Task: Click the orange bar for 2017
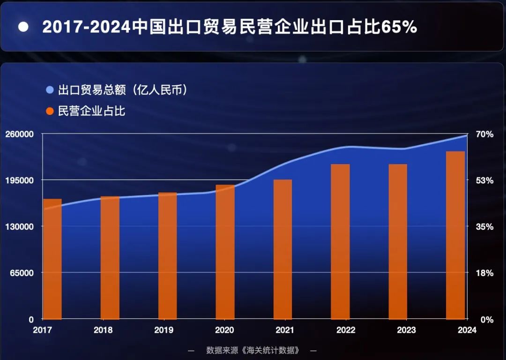pyautogui.click(x=52, y=259)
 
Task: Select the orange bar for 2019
pyautogui.click(x=168, y=255)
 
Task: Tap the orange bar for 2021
pyautogui.click(x=283, y=249)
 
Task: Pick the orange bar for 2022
pyautogui.click(x=340, y=241)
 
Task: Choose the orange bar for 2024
pyautogui.click(x=455, y=235)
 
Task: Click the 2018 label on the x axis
pyautogui.click(x=103, y=330)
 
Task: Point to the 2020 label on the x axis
pyautogui.click(x=224, y=330)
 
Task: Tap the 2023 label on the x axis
pyautogui.click(x=406, y=330)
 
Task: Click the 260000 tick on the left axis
pyautogui.click(x=20, y=135)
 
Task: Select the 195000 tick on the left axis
pyautogui.click(x=20, y=180)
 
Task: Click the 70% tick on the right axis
pyautogui.click(x=485, y=135)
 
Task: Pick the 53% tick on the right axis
pyautogui.click(x=485, y=180)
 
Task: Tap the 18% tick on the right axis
pyautogui.click(x=485, y=273)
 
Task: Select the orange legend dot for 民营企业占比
pyautogui.click(x=50, y=112)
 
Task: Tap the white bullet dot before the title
pyautogui.click(x=23, y=27)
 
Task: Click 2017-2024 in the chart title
pyautogui.click(x=86, y=27)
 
